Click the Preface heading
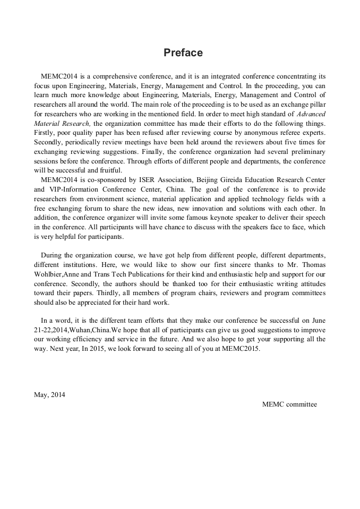click(183, 53)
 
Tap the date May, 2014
click(49, 394)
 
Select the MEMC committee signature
click(289, 404)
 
